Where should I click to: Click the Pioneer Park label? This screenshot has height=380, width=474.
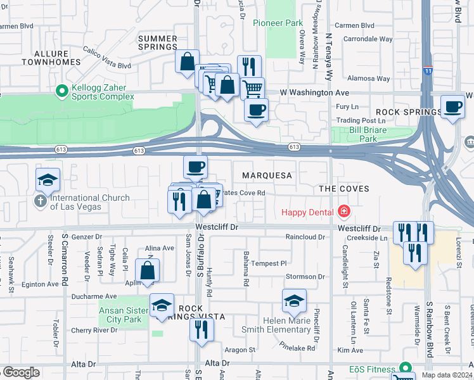(x=278, y=23)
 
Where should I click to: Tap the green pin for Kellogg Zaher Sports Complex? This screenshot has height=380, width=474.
(x=62, y=92)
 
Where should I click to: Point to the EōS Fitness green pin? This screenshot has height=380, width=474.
(x=406, y=369)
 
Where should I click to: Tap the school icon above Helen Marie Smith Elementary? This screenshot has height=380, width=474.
(x=294, y=301)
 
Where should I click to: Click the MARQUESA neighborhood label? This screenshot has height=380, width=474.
(x=267, y=175)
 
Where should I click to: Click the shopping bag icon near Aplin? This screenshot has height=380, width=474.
(x=147, y=270)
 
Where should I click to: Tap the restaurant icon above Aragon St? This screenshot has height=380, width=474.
(x=202, y=329)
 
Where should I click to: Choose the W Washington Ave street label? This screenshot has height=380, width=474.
(x=298, y=92)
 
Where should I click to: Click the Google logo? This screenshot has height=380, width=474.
(x=21, y=372)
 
